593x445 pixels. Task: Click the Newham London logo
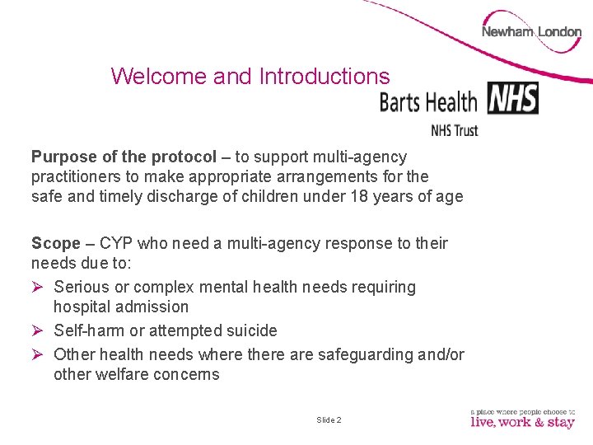(531, 32)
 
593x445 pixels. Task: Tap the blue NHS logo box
(512, 98)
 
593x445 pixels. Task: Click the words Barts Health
(428, 102)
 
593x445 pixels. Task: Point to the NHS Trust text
(454, 129)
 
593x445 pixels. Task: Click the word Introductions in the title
(324, 77)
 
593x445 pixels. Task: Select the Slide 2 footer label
(329, 420)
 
